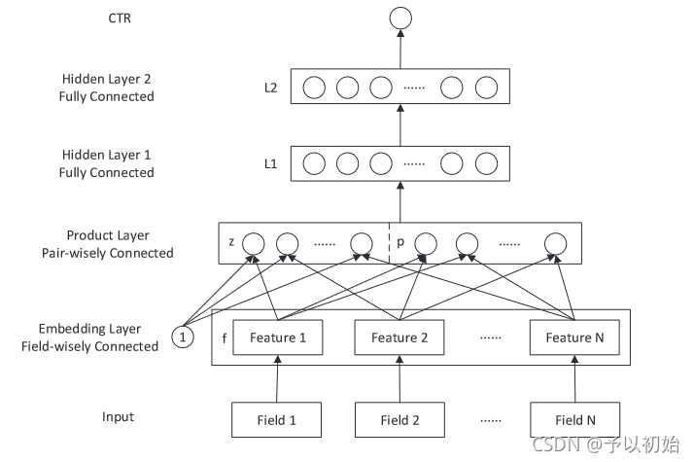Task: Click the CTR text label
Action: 120,18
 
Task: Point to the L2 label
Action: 270,88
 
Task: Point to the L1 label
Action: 270,164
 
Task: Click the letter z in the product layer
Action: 231,242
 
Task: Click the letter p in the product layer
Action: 400,242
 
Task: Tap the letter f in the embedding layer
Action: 225,338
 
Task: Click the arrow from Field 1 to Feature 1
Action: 277,378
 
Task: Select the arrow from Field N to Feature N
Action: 575,378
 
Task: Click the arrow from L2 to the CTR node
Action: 400,50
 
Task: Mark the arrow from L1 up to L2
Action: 400,124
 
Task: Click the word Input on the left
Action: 118,417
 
